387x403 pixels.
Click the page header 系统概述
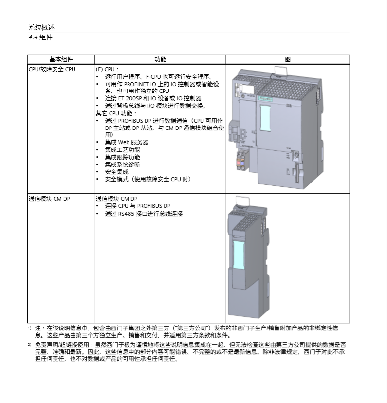pyautogui.click(x=41, y=27)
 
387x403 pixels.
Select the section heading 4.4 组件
pyautogui.click(x=40, y=37)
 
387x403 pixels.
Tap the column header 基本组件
pyautogui.click(x=61, y=59)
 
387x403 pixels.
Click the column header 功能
pyautogui.click(x=160, y=59)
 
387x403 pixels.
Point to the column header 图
pyautogui.click(x=288, y=60)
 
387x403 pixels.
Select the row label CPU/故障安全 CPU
pyautogui.click(x=52, y=69)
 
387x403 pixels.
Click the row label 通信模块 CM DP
pyautogui.click(x=49, y=199)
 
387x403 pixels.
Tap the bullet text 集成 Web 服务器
pyautogui.click(x=127, y=142)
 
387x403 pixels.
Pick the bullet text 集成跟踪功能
pyautogui.click(x=122, y=157)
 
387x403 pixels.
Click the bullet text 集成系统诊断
pyautogui.click(x=122, y=165)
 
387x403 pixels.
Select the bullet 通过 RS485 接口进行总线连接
pyautogui.click(x=144, y=214)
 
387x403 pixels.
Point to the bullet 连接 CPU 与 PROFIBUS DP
pyautogui.click(x=137, y=206)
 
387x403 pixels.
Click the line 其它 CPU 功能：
pyautogui.click(x=116, y=113)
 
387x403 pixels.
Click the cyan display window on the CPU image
pyautogui.click(x=266, y=118)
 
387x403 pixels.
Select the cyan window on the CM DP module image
pyautogui.click(x=239, y=255)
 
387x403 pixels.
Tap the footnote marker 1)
pyautogui.click(x=30, y=328)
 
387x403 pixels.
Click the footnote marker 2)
pyautogui.click(x=30, y=344)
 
